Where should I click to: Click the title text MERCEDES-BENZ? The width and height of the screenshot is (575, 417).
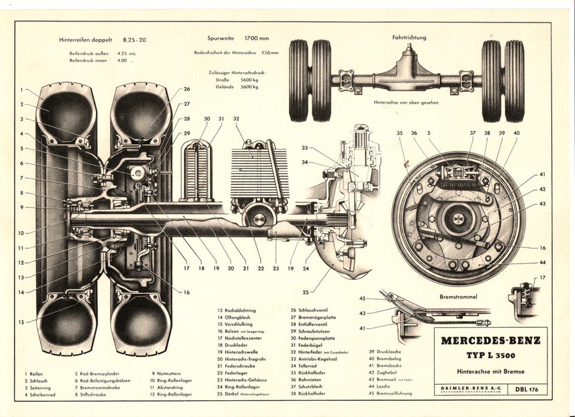tap(490, 341)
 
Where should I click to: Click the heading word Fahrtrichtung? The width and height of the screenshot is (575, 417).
tap(409, 37)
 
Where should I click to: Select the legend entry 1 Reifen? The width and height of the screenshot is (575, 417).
tap(34, 373)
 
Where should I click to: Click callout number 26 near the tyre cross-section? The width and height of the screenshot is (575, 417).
tap(186, 89)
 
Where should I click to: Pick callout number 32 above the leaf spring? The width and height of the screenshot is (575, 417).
tap(236, 119)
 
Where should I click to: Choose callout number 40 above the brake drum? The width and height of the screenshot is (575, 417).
tap(516, 133)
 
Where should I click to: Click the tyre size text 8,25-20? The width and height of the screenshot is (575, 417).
tap(134, 40)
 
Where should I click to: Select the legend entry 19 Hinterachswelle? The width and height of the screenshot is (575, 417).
tap(238, 352)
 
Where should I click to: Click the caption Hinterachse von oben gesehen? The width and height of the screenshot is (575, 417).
tap(406, 102)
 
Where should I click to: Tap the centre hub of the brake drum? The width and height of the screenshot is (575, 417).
tap(458, 219)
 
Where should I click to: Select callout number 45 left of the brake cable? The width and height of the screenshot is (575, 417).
tap(362, 298)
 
